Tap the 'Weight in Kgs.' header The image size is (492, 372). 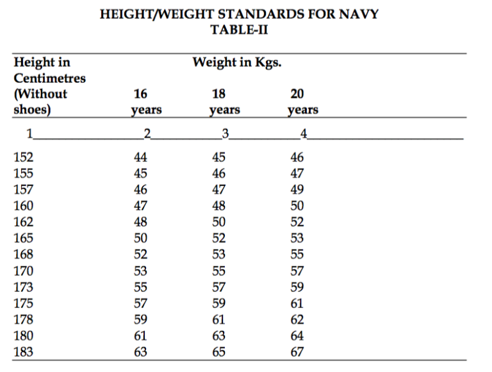click(236, 63)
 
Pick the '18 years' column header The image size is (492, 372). click(224, 102)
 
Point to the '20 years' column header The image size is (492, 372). click(303, 102)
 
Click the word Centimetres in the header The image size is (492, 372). click(50, 78)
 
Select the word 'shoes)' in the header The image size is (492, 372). click(32, 108)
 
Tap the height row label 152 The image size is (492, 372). click(24, 157)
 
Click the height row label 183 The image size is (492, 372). click(24, 351)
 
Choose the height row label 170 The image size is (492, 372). click(24, 271)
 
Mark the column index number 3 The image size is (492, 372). click(224, 133)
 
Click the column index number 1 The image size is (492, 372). click(29, 133)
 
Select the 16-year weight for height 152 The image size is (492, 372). click(140, 157)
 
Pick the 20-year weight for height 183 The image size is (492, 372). click(297, 351)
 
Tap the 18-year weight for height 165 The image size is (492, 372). click(218, 238)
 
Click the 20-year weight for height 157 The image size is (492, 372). click(297, 189)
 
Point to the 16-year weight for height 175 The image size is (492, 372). click(140, 303)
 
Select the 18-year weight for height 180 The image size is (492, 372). click(218, 335)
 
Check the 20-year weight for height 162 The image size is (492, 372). click(297, 222)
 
